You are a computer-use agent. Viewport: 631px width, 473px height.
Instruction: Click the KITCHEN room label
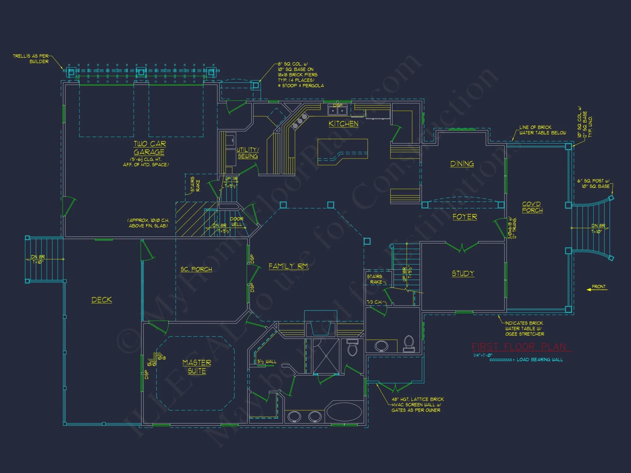pyautogui.click(x=343, y=124)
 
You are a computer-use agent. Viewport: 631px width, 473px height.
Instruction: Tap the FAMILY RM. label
pyautogui.click(x=288, y=266)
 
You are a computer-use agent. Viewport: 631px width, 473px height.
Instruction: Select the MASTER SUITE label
pyautogui.click(x=197, y=367)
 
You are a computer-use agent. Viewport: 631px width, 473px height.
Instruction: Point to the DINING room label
pyautogui.click(x=462, y=164)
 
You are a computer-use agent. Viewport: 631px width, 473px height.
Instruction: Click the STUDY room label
pyautogui.click(x=463, y=273)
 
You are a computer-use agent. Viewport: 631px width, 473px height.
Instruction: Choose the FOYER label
pyautogui.click(x=465, y=217)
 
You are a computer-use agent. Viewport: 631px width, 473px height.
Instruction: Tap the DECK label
pyautogui.click(x=102, y=300)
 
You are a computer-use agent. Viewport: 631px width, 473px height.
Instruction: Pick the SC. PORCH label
pyautogui.click(x=196, y=269)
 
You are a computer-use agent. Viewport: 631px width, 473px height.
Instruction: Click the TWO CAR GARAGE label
pyautogui.click(x=149, y=148)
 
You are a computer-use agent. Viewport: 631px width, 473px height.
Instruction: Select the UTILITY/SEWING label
pyautogui.click(x=248, y=153)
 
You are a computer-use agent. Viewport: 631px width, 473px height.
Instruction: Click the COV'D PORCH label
pyautogui.click(x=532, y=207)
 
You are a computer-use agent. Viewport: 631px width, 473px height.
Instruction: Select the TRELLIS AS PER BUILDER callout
pyautogui.click(x=31, y=59)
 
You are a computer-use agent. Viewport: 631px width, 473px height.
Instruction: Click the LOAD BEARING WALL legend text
pyautogui.click(x=540, y=359)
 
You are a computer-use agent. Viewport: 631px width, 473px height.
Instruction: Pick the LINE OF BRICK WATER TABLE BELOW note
pyautogui.click(x=542, y=130)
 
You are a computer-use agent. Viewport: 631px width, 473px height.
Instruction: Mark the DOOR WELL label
pyautogui.click(x=237, y=222)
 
